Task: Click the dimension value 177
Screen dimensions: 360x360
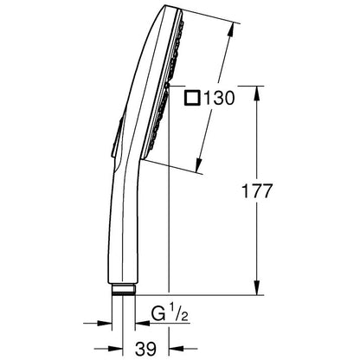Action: [256, 190]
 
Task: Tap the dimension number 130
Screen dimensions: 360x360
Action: [219, 98]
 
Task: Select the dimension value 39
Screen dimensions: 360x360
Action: [145, 349]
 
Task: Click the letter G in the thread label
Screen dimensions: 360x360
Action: [158, 314]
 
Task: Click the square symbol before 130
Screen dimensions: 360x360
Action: [193, 98]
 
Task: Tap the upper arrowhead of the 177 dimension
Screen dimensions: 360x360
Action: [257, 93]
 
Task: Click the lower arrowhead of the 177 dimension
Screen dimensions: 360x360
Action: [257, 287]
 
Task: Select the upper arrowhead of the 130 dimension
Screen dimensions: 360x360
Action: [230, 30]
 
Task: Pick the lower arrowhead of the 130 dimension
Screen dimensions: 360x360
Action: [198, 165]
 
